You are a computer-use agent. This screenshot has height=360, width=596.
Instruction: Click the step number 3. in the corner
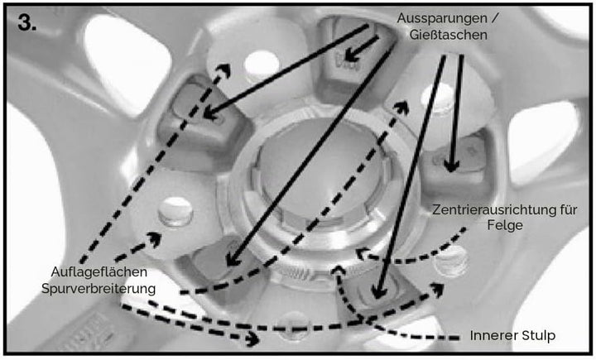[x=27, y=23]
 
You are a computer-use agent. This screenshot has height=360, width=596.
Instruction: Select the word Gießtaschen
[x=448, y=35]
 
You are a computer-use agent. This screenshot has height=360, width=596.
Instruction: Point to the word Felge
[x=505, y=225]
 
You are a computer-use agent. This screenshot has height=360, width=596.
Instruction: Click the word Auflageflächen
[x=99, y=272]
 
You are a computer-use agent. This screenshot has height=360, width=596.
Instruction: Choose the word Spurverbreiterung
[x=99, y=289]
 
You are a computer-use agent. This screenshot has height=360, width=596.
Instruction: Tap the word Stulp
[x=539, y=336]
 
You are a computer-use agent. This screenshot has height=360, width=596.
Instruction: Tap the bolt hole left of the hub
[x=175, y=211]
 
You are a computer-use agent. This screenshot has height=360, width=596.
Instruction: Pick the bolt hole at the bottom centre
[x=294, y=325]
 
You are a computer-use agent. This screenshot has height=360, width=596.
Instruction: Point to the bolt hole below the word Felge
[x=451, y=261]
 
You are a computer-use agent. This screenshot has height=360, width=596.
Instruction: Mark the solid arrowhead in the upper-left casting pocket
[x=210, y=113]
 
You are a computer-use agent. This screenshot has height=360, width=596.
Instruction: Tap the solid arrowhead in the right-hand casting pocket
[x=451, y=166]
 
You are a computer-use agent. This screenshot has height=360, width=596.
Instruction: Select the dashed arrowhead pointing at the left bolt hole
[x=155, y=239]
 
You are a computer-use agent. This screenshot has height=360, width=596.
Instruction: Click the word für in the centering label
[x=567, y=209]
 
